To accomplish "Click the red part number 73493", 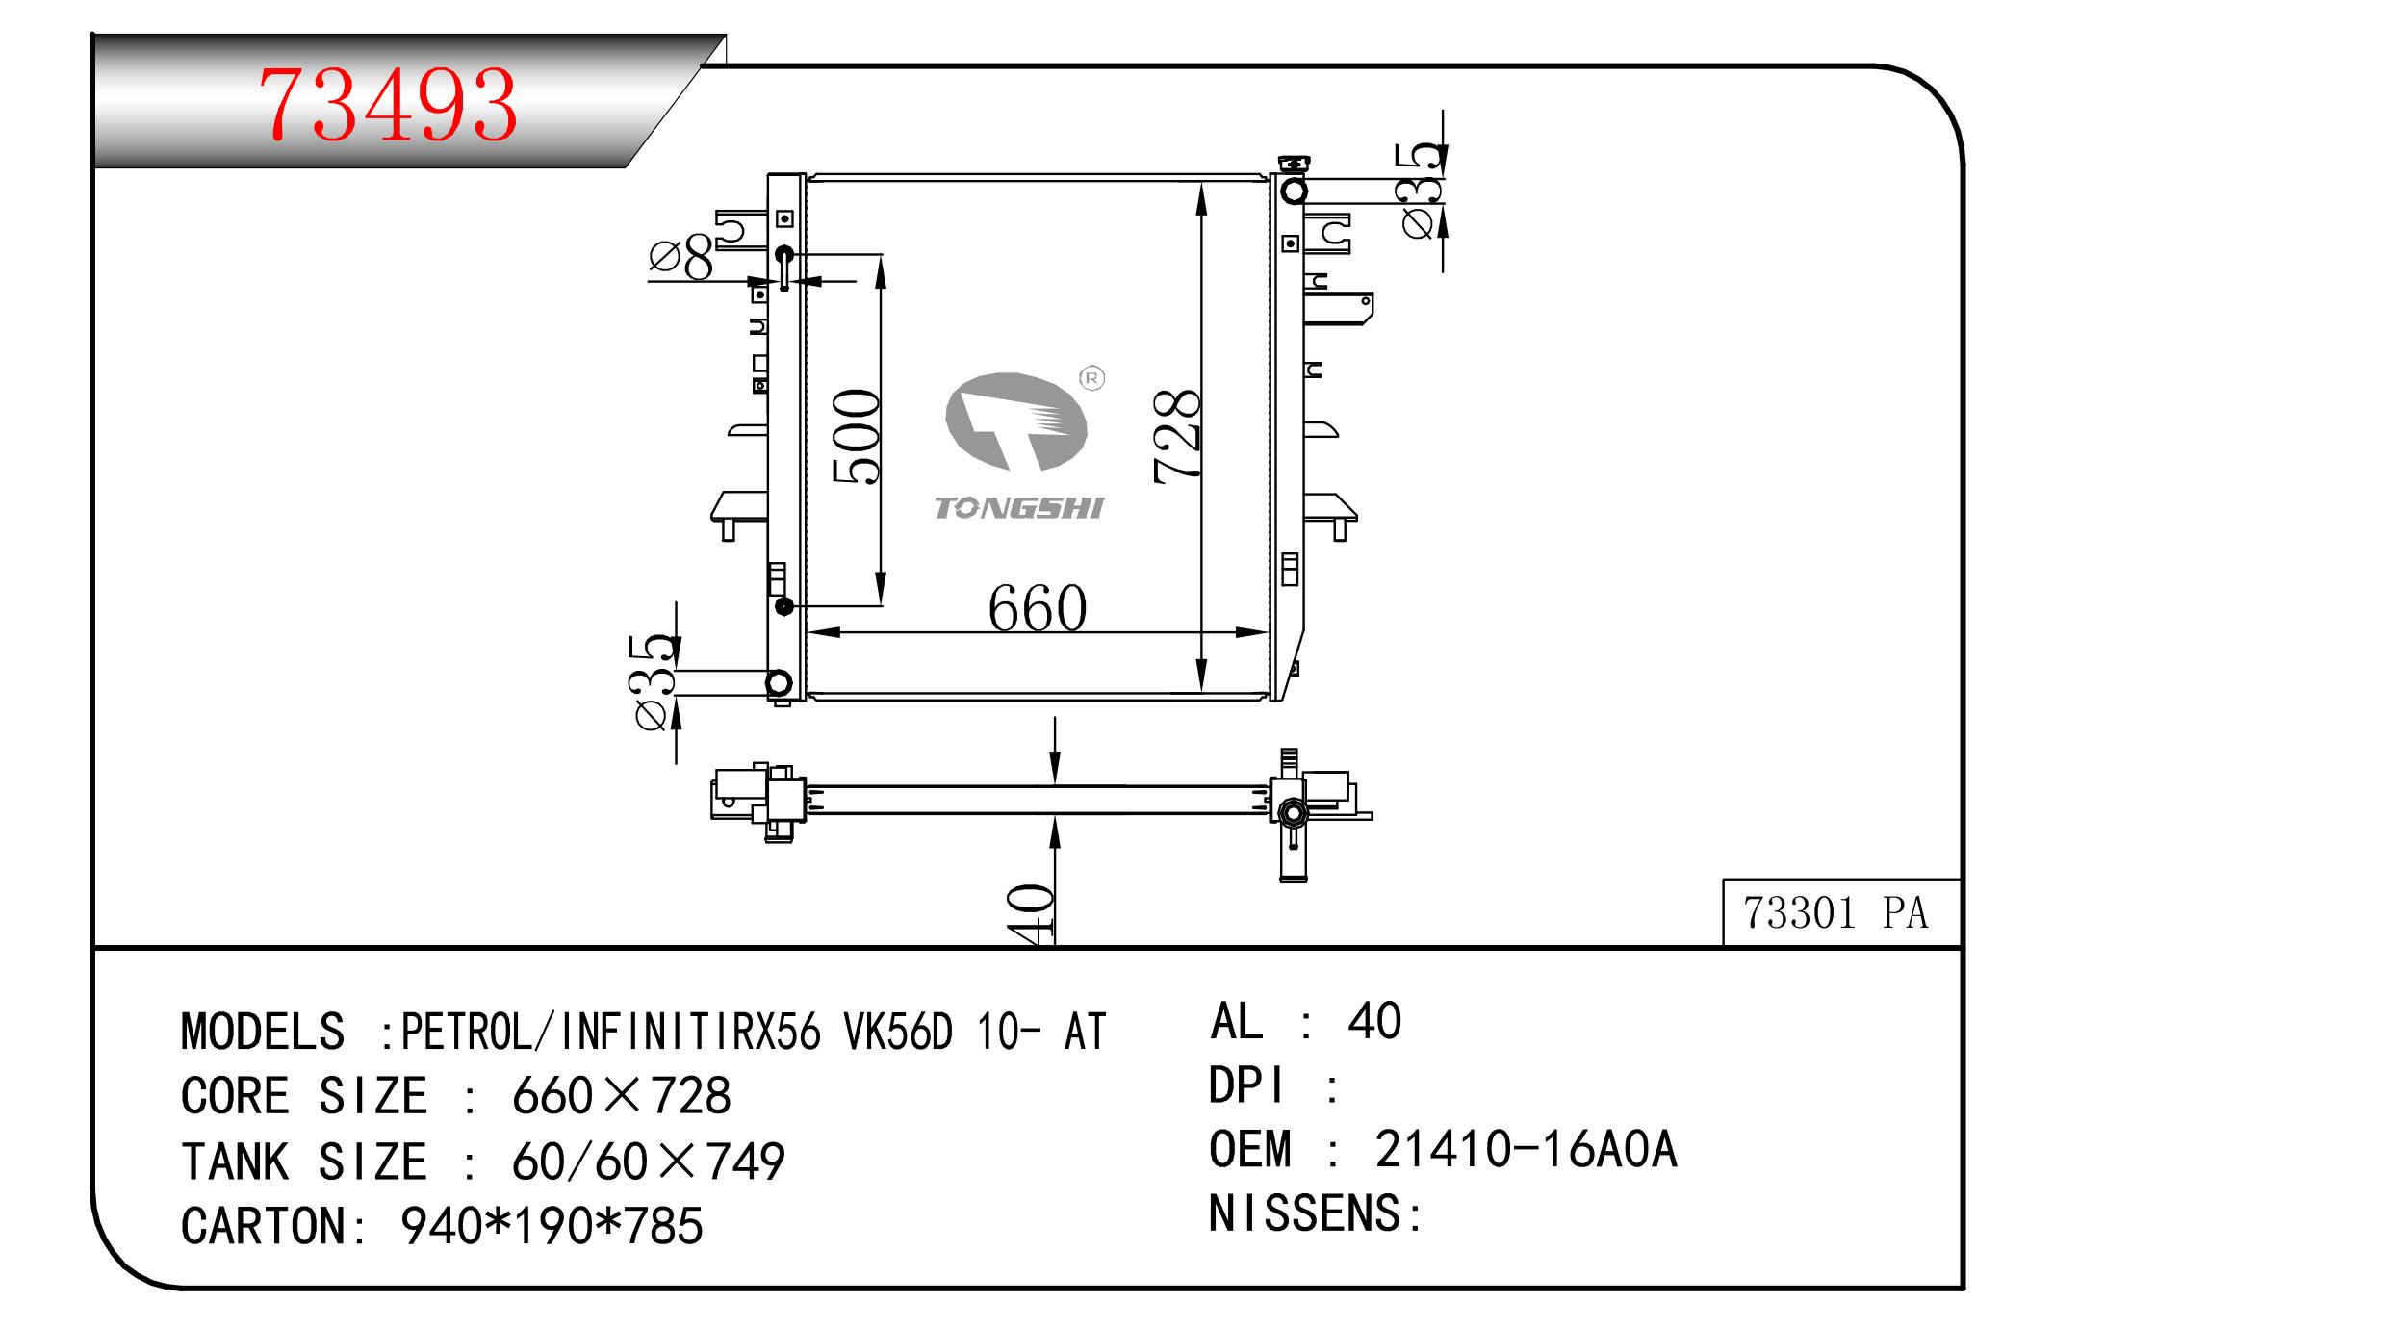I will click(x=389, y=105).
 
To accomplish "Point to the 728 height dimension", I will click(x=1177, y=435).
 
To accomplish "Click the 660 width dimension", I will click(x=1037, y=608).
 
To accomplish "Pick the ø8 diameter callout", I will click(x=680, y=257).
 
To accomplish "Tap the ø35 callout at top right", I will click(x=1423, y=190).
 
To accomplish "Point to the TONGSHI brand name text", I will click(x=1018, y=508).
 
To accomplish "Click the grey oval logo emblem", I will click(x=1015, y=421).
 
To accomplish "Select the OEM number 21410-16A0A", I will click(x=1526, y=1149).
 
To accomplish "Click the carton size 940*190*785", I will click(x=552, y=1226).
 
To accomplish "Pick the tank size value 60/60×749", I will click(x=648, y=1162).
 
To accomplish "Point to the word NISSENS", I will click(x=1306, y=1213).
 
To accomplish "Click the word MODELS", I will click(x=263, y=1032).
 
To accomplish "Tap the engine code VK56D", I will click(x=898, y=1032).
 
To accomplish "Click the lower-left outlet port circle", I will click(x=778, y=683).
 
